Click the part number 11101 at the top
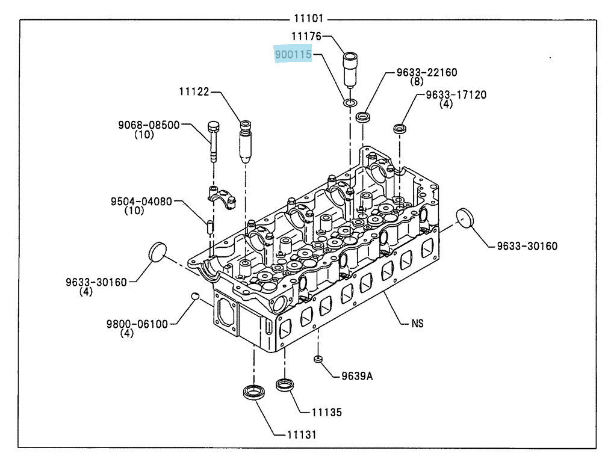tap(309, 19)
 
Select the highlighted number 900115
tap(293, 55)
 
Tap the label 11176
tap(306, 36)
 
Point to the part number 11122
tap(194, 91)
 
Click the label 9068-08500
tap(149, 125)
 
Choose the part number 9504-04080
tap(141, 202)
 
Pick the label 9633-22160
tap(427, 73)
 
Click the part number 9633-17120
tap(456, 95)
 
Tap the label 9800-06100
tap(137, 324)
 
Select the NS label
tap(417, 324)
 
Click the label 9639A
tap(357, 376)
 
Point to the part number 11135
tap(326, 413)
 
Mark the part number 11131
tap(302, 435)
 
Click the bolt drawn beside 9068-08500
tap(214, 141)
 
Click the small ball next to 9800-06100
tap(196, 296)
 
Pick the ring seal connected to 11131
tap(254, 392)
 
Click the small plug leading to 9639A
tap(318, 359)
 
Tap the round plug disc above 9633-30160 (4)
tap(157, 252)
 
